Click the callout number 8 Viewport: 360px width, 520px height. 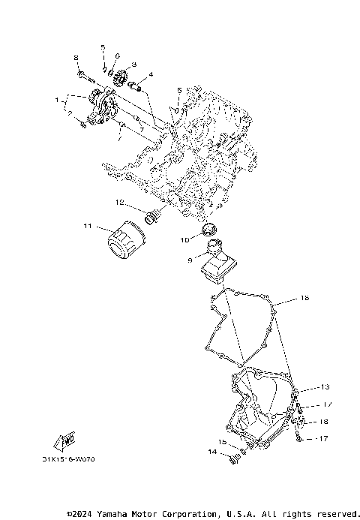pyautogui.click(x=76, y=58)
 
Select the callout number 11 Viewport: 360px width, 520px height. pyautogui.click(x=87, y=225)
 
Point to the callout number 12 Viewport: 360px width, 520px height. pyautogui.click(x=119, y=203)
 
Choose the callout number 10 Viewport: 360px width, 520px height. pyautogui.click(x=184, y=240)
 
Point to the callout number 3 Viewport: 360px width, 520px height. pyautogui.click(x=133, y=65)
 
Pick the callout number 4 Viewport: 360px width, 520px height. pyautogui.click(x=150, y=75)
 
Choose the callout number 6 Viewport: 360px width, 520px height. pyautogui.click(x=118, y=56)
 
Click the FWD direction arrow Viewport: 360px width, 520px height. pyautogui.click(x=67, y=439)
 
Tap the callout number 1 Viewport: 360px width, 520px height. pyautogui.click(x=55, y=99)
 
